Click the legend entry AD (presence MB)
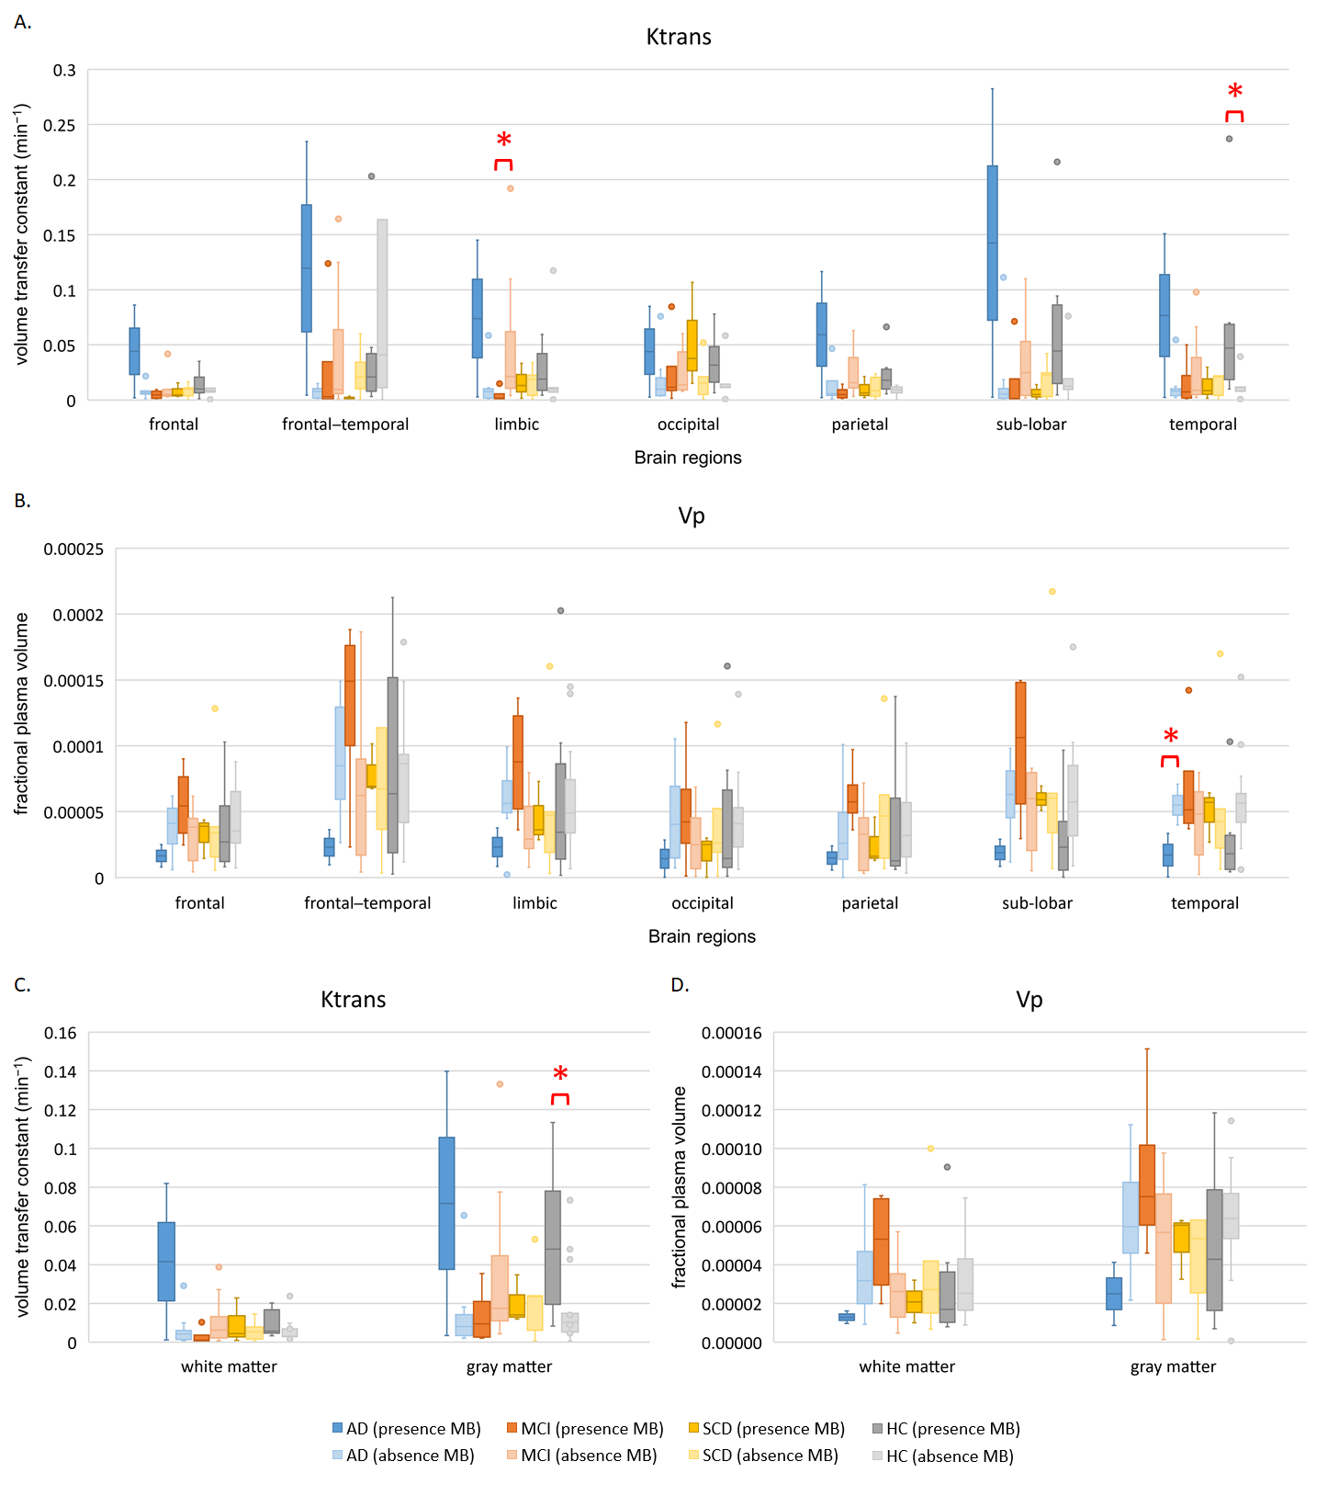(x=406, y=1429)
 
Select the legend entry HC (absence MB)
(x=942, y=1456)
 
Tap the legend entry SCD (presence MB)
(x=766, y=1429)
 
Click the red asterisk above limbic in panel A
(x=503, y=141)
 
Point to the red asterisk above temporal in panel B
(x=1170, y=737)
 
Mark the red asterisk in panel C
(x=560, y=1075)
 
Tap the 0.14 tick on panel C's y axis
(x=61, y=1071)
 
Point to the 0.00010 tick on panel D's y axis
(x=731, y=1150)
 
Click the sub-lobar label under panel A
(x=1031, y=425)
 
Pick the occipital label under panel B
(x=703, y=903)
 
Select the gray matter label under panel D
(x=1173, y=1367)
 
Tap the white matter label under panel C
(x=229, y=1367)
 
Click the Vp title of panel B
(x=692, y=516)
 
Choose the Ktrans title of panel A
(x=679, y=38)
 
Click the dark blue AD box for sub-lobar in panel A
(x=992, y=243)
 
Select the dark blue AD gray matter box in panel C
(x=446, y=1203)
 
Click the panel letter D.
(x=680, y=985)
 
